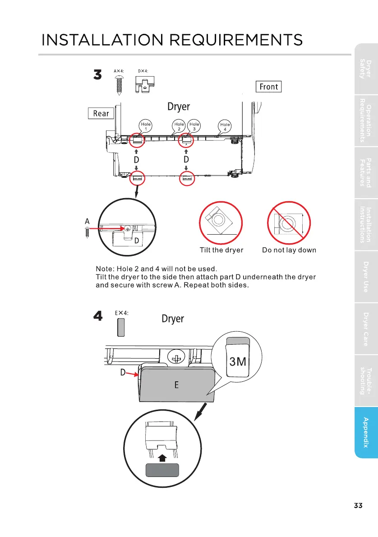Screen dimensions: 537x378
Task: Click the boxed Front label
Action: tap(269, 87)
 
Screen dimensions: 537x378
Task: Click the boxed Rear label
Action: tap(101, 113)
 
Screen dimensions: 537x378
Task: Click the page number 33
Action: tap(358, 505)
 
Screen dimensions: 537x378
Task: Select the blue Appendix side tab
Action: tap(366, 433)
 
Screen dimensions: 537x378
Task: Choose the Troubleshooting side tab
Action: tap(366, 380)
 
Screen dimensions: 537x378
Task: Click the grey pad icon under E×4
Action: tap(121, 327)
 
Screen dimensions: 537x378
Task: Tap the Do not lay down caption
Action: tap(289, 250)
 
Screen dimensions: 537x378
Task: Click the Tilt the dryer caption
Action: tap(221, 250)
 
